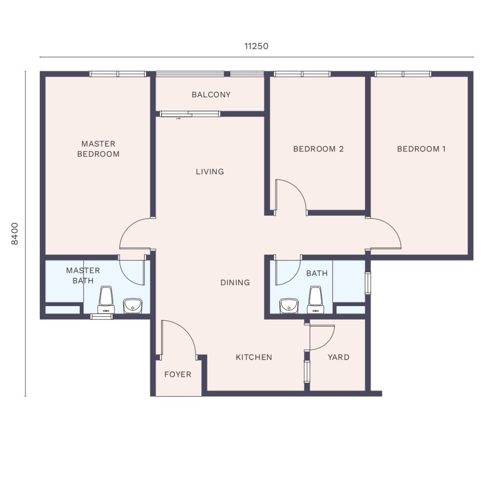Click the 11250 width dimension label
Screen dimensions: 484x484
(x=256, y=46)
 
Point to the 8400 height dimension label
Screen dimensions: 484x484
(x=14, y=233)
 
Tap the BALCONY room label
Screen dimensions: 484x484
(x=211, y=95)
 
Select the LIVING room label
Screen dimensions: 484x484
(x=210, y=172)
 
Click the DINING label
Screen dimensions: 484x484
(x=235, y=282)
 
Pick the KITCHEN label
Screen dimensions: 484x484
(x=254, y=357)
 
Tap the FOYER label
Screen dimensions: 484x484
(x=178, y=374)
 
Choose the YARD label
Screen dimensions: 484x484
(x=339, y=357)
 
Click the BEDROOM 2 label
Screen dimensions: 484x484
(x=319, y=149)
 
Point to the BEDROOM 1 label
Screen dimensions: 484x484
(x=421, y=149)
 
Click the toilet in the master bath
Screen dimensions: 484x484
(x=106, y=300)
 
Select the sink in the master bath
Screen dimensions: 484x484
(x=133, y=306)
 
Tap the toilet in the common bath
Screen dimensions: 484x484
(x=315, y=300)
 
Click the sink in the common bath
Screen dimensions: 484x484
(x=289, y=306)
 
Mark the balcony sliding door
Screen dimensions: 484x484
(x=190, y=114)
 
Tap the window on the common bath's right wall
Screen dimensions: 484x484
(x=368, y=283)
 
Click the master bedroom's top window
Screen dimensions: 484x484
(x=117, y=74)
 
